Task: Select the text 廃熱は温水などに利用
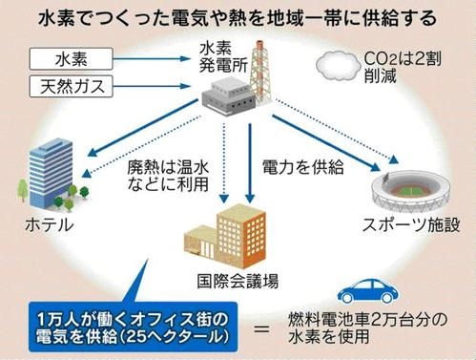point(167,177)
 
